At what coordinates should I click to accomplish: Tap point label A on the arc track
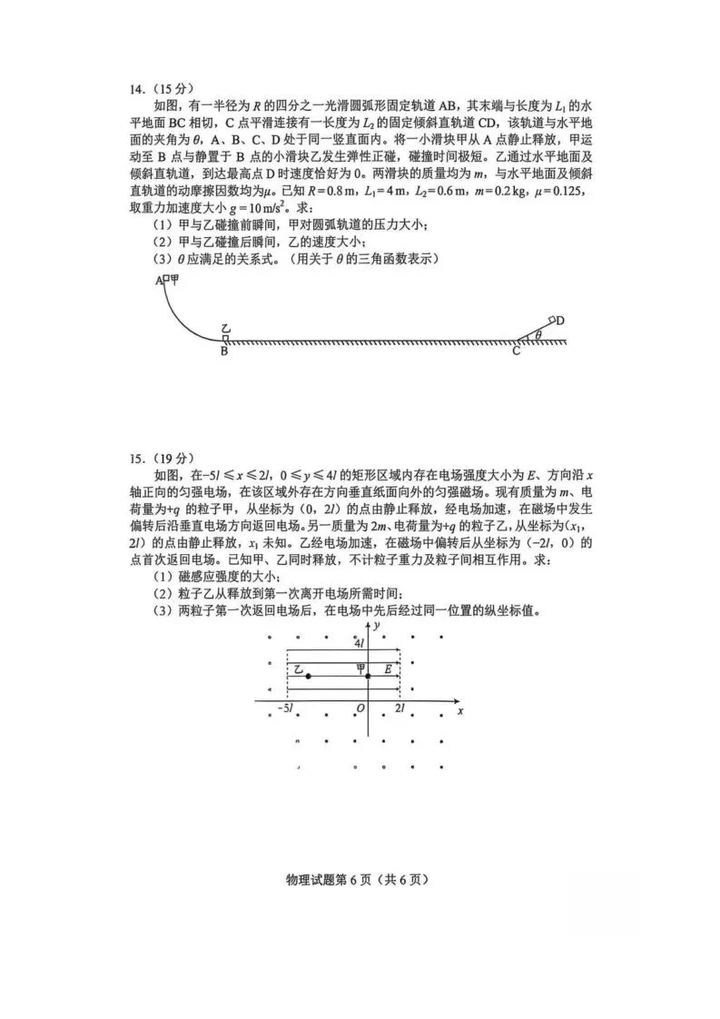(x=159, y=282)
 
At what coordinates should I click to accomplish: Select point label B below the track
(x=223, y=352)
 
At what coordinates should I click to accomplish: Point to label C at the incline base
(x=515, y=352)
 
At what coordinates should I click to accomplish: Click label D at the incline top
(x=561, y=321)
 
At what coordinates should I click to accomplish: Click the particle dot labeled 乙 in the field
(x=309, y=677)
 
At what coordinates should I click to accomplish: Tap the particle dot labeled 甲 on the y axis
(x=368, y=677)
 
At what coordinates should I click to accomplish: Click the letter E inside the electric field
(x=388, y=669)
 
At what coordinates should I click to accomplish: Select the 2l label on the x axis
(x=400, y=708)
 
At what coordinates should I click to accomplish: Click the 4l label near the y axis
(x=360, y=642)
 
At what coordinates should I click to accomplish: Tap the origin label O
(x=360, y=709)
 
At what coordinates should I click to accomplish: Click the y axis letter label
(x=375, y=628)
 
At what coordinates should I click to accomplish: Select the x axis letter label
(x=460, y=710)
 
